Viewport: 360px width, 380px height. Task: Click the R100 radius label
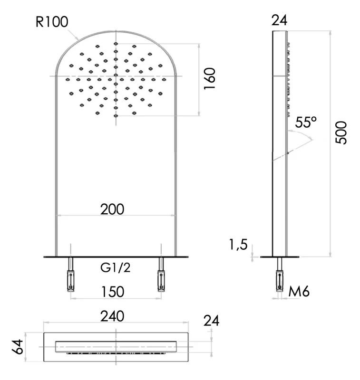(x=52, y=22)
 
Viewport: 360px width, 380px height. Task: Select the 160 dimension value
(x=209, y=79)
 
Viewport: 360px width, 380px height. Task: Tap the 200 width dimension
(x=112, y=209)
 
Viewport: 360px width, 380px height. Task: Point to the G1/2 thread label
(x=116, y=268)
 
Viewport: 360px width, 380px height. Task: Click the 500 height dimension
(x=341, y=133)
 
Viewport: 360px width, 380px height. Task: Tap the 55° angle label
(x=306, y=122)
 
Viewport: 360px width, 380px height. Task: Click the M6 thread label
(x=299, y=291)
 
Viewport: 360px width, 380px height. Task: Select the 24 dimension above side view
(x=280, y=20)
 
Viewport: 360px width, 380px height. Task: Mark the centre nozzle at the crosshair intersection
(x=116, y=76)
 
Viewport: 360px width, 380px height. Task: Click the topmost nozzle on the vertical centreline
(x=116, y=44)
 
